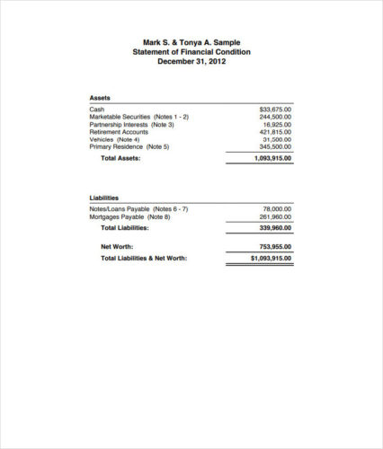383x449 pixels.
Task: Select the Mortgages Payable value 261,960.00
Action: tap(275, 216)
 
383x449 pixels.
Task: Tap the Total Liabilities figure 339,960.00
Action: tap(275, 228)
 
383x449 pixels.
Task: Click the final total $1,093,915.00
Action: tap(272, 258)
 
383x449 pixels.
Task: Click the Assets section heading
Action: tap(100, 97)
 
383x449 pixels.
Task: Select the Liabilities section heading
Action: tap(104, 198)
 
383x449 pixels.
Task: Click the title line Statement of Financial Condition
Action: tap(191, 52)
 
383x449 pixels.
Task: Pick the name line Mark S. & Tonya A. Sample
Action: tap(191, 42)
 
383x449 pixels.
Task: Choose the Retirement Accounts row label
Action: tap(119, 132)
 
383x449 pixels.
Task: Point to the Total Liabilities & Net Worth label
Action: tap(144, 258)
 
